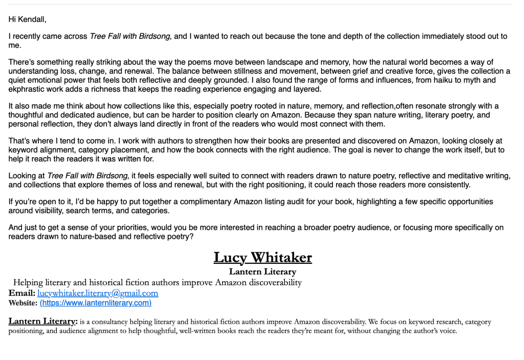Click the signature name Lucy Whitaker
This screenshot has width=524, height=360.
262,257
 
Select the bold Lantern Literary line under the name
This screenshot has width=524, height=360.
262,272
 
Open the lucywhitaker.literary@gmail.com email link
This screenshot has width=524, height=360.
98,293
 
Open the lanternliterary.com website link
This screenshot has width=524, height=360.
96,303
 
